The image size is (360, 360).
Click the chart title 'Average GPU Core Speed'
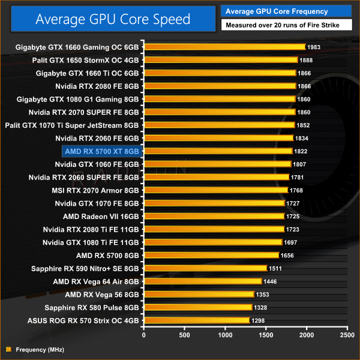pos(113,19)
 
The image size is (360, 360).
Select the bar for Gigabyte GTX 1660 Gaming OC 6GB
pos(224,47)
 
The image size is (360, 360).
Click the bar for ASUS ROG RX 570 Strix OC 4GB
pos(196,320)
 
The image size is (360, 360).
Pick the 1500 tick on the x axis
pos(266,335)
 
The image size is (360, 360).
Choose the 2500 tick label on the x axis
pos(347,335)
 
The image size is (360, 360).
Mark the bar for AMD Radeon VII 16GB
pos(214,216)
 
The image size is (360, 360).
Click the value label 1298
pos(259,320)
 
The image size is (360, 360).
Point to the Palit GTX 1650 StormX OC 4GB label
pos(86,59)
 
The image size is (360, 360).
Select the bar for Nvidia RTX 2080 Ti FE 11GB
pos(214,229)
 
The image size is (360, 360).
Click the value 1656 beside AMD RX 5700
pos(288,255)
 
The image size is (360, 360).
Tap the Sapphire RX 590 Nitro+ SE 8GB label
pos(85,268)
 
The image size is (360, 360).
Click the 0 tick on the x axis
pos(143,335)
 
